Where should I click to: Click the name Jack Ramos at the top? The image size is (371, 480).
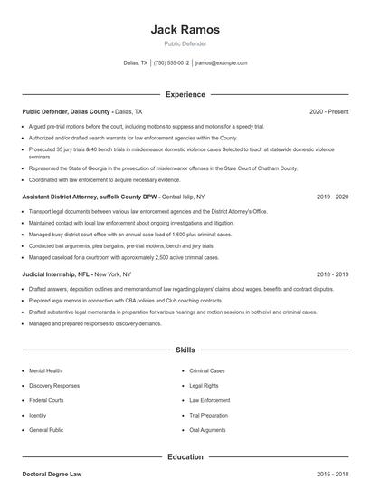(185, 29)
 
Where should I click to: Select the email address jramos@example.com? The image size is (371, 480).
(221, 63)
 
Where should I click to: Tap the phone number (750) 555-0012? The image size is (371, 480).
(172, 63)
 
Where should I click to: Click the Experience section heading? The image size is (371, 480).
(185, 94)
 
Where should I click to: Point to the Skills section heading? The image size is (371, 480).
(185, 349)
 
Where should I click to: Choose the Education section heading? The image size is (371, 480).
(185, 457)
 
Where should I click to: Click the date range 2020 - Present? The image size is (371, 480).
(328, 111)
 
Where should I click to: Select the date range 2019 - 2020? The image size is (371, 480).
(333, 196)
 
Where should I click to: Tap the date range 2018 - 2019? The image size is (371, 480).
(333, 273)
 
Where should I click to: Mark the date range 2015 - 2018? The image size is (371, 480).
(333, 475)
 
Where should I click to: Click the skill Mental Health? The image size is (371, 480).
(45, 370)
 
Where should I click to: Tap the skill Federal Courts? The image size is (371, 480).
(46, 399)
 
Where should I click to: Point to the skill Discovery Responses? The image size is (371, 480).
(53, 385)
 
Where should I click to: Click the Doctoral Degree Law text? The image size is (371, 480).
(52, 475)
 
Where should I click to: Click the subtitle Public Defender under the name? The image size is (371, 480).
(185, 43)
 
